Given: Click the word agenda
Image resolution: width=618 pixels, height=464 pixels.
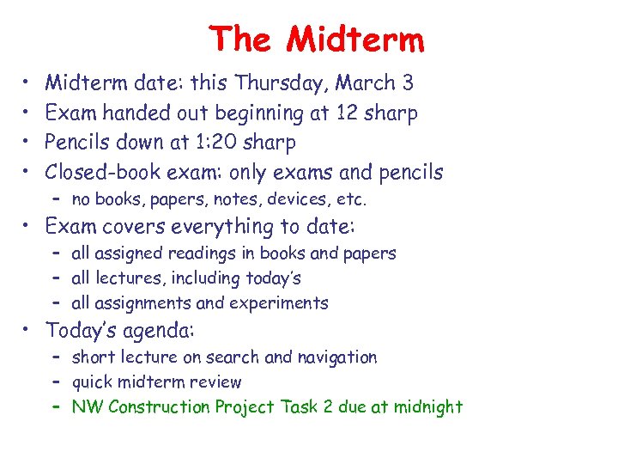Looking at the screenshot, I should (x=161, y=330).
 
